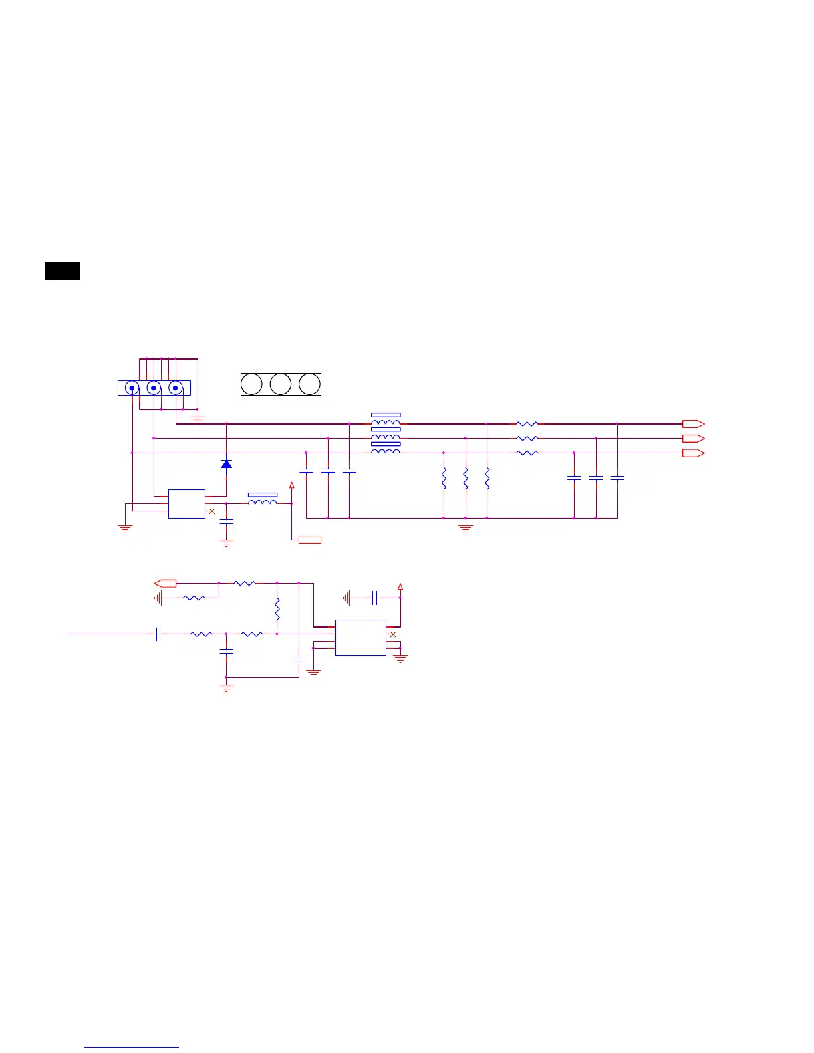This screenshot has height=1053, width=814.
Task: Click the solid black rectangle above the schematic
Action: [62, 271]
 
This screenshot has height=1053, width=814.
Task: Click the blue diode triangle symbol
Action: [226, 464]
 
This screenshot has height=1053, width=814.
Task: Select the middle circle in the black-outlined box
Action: [281, 384]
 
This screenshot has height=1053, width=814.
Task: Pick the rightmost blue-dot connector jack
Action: [176, 388]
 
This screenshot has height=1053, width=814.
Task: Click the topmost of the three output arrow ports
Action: [693, 423]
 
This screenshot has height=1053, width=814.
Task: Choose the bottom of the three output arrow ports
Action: [693, 453]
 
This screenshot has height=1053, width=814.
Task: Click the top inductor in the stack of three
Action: [386, 421]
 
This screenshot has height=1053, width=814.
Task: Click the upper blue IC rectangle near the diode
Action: [187, 504]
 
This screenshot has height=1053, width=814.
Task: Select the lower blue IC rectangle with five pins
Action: [360, 638]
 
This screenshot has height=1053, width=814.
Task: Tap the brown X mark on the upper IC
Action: [211, 511]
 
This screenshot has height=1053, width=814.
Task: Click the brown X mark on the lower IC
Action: [393, 634]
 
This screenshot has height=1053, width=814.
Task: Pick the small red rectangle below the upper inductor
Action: [310, 540]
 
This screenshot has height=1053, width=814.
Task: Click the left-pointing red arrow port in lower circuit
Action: [166, 583]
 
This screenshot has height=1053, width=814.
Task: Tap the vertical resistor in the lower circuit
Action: [277, 608]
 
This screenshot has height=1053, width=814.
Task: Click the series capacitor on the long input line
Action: [158, 634]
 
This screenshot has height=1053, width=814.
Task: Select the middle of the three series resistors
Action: [527, 438]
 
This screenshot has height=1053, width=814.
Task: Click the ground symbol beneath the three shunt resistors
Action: [466, 528]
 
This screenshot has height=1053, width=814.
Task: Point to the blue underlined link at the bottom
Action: [132, 1048]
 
